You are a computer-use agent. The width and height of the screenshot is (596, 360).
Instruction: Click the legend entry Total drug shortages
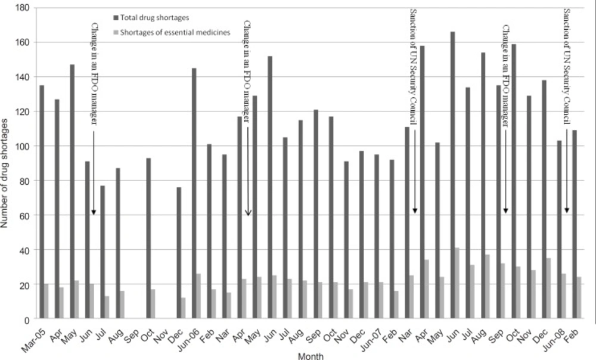tap(155, 18)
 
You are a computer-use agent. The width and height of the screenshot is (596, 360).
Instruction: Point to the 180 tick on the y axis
tap(23, 8)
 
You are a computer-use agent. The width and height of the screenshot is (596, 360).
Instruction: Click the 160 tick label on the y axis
tap(23, 42)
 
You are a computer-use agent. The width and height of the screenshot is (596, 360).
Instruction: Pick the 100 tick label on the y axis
tap(23, 147)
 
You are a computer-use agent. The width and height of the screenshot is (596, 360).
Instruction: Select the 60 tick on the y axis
tap(26, 216)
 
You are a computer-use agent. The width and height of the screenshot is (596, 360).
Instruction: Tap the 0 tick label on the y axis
tap(27, 320)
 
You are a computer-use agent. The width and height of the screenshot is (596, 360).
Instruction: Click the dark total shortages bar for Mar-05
tap(42, 203)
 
